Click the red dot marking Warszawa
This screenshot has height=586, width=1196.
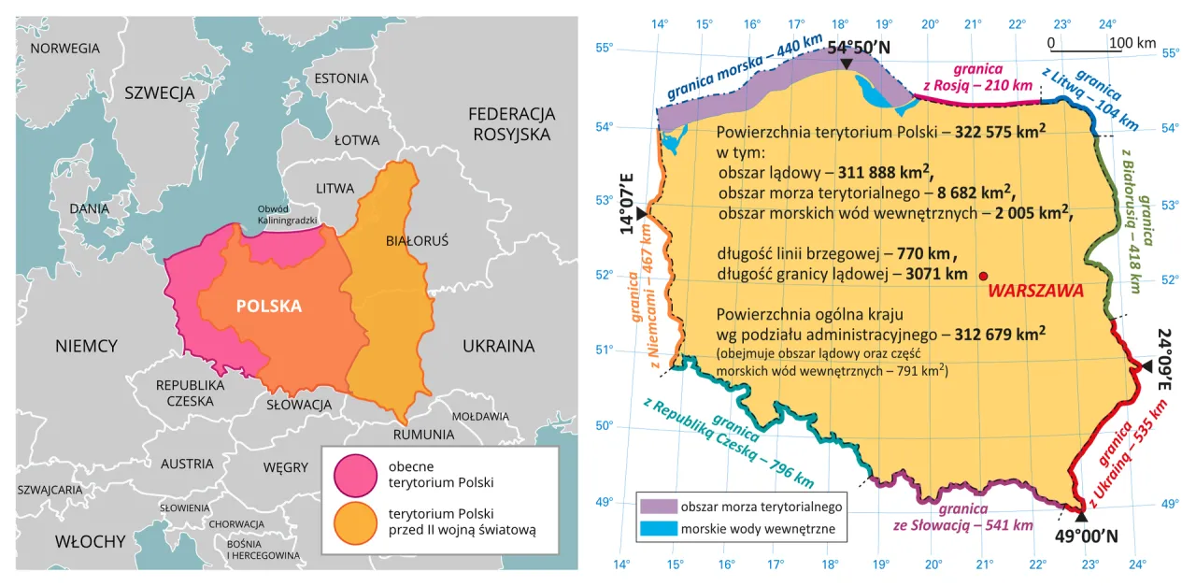point(983,276)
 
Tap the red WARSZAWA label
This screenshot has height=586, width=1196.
point(1034,291)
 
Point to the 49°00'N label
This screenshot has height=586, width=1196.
point(1086,536)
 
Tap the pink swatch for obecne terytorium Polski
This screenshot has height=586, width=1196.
point(353,474)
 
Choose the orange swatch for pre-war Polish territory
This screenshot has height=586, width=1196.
point(353,522)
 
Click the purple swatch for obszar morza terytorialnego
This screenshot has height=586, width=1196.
point(658,506)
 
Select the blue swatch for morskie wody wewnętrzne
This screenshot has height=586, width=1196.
point(658,530)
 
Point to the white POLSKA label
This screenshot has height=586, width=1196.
point(269,306)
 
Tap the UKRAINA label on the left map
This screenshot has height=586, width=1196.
point(498,346)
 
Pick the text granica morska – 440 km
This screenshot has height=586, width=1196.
point(744,71)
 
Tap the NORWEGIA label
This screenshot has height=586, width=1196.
point(64,48)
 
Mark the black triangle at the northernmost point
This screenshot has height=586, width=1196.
point(846,64)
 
